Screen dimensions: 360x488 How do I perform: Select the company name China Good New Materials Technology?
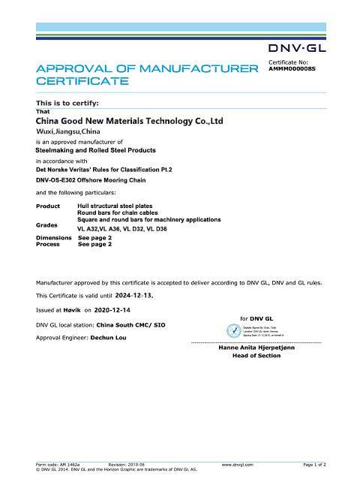pyautogui.click(x=130, y=120)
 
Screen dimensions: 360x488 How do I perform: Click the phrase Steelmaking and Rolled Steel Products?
pyautogui.click(x=96, y=150)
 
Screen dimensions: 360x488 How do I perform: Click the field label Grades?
pyautogui.click(x=46, y=224)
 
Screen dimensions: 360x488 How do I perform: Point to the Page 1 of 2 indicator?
pyautogui.click(x=314, y=465)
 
